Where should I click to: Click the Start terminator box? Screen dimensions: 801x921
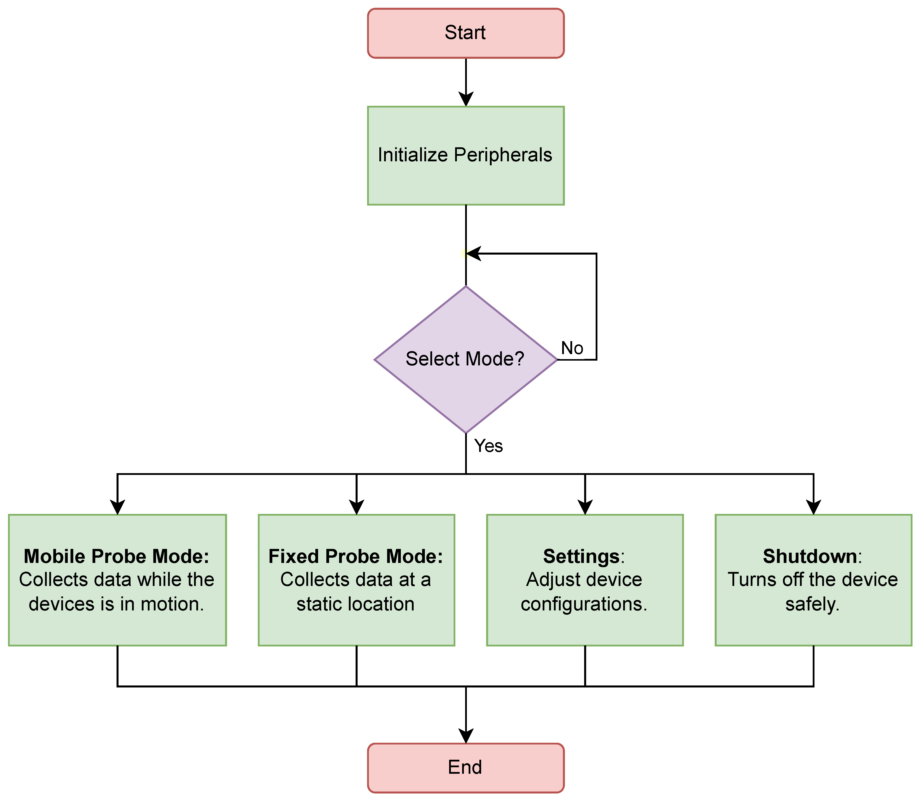(x=466, y=33)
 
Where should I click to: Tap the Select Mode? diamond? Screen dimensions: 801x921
(x=466, y=359)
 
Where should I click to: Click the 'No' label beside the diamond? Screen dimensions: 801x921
(x=572, y=348)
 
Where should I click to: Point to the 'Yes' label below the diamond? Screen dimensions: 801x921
(x=488, y=446)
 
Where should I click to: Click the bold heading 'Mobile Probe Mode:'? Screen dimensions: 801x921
(x=117, y=556)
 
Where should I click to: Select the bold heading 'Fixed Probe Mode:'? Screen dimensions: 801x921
(x=356, y=556)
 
